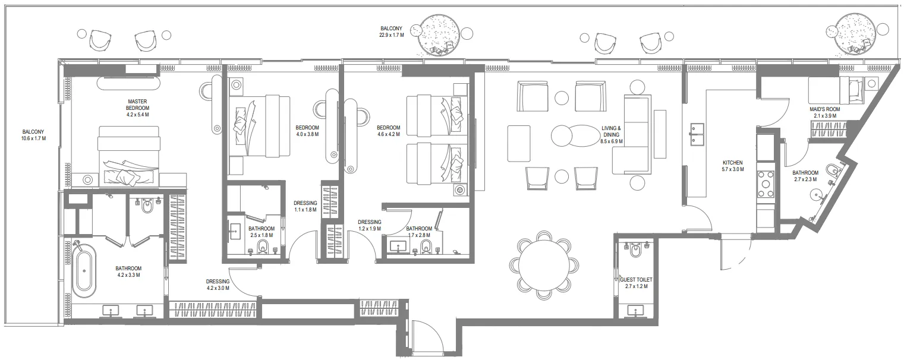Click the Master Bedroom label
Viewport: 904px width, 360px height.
pyautogui.click(x=137, y=108)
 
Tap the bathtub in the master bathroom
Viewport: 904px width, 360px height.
pyautogui.click(x=83, y=270)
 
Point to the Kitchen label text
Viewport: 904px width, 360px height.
pyautogui.click(x=732, y=166)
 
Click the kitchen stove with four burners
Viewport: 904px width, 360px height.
pyautogui.click(x=766, y=184)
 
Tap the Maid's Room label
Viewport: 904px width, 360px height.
pyautogui.click(x=824, y=112)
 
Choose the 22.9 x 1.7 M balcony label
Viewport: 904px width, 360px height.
pyautogui.click(x=392, y=31)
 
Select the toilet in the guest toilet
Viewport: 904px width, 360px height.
pyautogui.click(x=634, y=252)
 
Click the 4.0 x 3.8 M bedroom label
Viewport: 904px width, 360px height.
pyautogui.click(x=307, y=131)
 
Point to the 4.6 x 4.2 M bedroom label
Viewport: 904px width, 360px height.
pyautogui.click(x=388, y=131)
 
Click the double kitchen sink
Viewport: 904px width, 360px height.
pyautogui.click(x=697, y=135)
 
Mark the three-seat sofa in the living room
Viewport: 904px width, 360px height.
pyautogui.click(x=634, y=134)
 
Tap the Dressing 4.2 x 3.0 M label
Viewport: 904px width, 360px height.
pyautogui.click(x=218, y=285)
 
